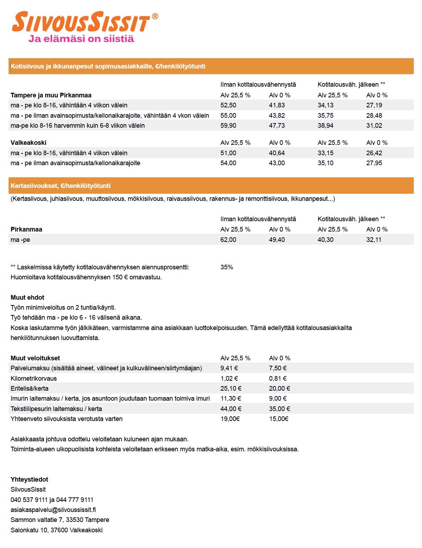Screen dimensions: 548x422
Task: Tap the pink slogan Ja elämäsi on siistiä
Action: click(x=81, y=39)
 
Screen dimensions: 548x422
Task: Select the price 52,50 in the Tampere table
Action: click(x=228, y=105)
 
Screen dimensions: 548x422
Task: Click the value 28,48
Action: click(x=374, y=116)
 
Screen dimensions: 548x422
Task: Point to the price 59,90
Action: click(x=228, y=126)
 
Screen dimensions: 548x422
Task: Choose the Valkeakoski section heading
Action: click(x=29, y=143)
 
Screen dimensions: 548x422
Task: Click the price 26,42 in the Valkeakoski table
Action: click(x=374, y=153)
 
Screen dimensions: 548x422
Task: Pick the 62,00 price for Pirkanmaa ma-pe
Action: click(x=228, y=240)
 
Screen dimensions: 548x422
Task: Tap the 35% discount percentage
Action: click(x=227, y=267)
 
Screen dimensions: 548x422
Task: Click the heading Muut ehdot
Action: click(x=27, y=298)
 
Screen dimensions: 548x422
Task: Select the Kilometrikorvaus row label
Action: click(x=34, y=379)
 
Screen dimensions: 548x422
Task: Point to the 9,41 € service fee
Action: click(x=229, y=368)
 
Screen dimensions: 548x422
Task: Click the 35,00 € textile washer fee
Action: click(x=279, y=409)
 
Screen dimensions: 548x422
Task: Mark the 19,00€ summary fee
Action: click(x=230, y=419)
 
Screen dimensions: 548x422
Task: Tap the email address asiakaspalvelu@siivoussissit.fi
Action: click(x=53, y=510)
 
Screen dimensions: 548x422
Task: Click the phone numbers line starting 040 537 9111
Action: click(x=52, y=500)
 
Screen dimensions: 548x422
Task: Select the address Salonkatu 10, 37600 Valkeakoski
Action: click(x=57, y=530)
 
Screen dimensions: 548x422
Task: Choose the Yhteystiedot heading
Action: click(x=29, y=479)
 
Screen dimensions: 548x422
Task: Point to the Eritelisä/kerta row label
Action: click(x=30, y=389)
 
